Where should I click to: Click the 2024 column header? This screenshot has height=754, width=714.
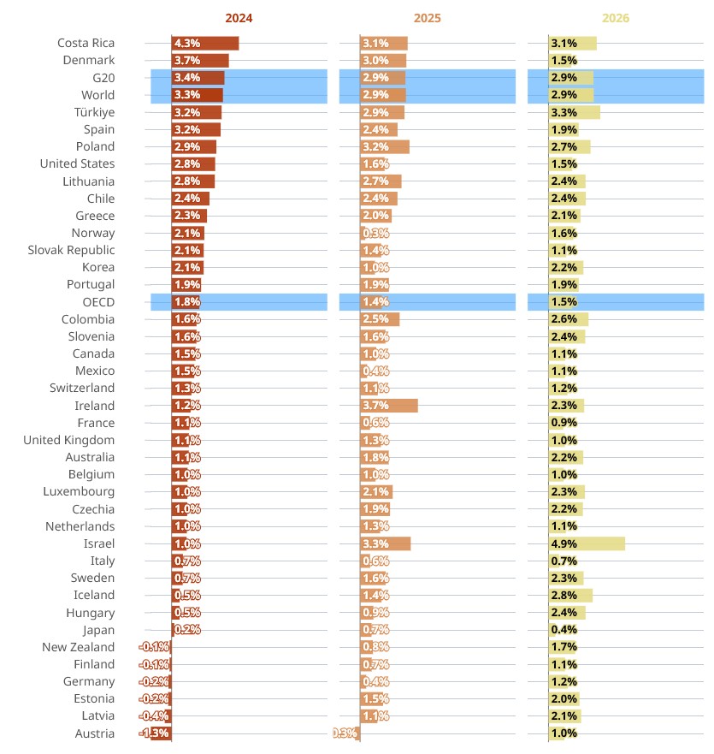pyautogui.click(x=239, y=18)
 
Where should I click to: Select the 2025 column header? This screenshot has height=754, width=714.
pyautogui.click(x=427, y=18)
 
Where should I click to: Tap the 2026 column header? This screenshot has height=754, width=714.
pyautogui.click(x=615, y=18)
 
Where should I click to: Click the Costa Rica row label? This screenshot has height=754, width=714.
pyautogui.click(x=86, y=44)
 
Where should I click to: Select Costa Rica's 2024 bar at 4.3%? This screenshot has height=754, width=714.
pyautogui.click(x=205, y=44)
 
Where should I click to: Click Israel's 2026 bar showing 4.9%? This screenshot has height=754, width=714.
pyautogui.click(x=587, y=543)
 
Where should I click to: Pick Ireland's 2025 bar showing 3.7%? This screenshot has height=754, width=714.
pyautogui.click(x=389, y=406)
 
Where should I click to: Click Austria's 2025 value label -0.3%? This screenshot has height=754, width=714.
pyautogui.click(x=345, y=733)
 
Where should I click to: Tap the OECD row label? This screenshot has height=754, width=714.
pyautogui.click(x=98, y=302)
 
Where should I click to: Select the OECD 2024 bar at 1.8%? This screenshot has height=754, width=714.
pyautogui.click(x=186, y=302)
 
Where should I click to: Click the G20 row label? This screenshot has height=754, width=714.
pyautogui.click(x=103, y=78)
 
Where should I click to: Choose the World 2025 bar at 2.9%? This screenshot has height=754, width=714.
pyautogui.click(x=383, y=95)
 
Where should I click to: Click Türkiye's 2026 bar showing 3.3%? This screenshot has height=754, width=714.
pyautogui.click(x=574, y=112)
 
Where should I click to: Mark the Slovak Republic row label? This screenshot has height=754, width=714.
pyautogui.click(x=71, y=250)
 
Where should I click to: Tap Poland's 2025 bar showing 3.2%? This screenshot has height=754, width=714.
pyautogui.click(x=385, y=146)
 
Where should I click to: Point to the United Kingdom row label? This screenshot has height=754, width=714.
pyautogui.click(x=68, y=440)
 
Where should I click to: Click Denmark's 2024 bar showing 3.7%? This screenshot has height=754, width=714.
pyautogui.click(x=200, y=61)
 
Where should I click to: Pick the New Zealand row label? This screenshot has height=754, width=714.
pyautogui.click(x=78, y=647)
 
